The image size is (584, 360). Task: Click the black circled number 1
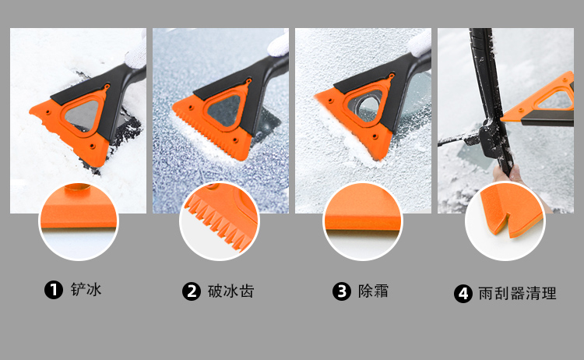[x=53, y=290]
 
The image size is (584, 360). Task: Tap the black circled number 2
[x=192, y=291]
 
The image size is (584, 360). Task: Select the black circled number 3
[x=342, y=291]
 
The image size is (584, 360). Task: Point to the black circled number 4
[x=463, y=294]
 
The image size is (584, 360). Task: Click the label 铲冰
[x=86, y=290]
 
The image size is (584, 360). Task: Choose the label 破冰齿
[x=231, y=291]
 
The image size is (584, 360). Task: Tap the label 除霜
[x=373, y=291]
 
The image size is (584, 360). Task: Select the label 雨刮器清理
[x=517, y=293]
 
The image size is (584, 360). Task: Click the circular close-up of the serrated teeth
[x=220, y=221]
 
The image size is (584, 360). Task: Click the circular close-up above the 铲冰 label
[x=79, y=221]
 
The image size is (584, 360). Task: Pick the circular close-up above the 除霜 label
[x=363, y=221]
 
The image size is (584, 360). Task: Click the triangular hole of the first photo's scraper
[x=83, y=115]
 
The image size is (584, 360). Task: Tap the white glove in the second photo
[x=279, y=44]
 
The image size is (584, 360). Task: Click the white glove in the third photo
[x=420, y=44]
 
